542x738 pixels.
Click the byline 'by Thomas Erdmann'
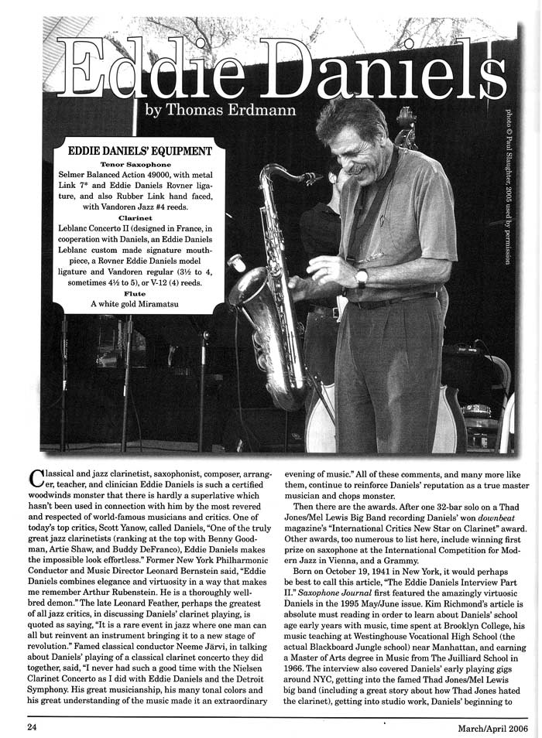coord(220,110)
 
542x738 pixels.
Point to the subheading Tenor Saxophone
coord(140,165)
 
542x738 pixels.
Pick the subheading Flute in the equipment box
coord(140,294)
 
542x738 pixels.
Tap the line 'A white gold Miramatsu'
coord(140,305)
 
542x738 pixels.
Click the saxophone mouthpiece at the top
coord(310,179)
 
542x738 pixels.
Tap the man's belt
coord(395,300)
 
